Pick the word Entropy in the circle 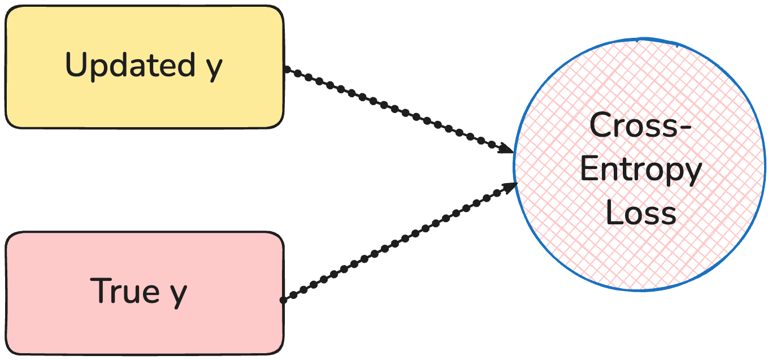pyautogui.click(x=641, y=171)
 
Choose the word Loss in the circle pyautogui.click(x=641, y=214)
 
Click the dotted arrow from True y pyautogui.click(x=396, y=243)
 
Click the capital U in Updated pyautogui.click(x=76, y=66)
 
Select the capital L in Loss pyautogui.click(x=614, y=213)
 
